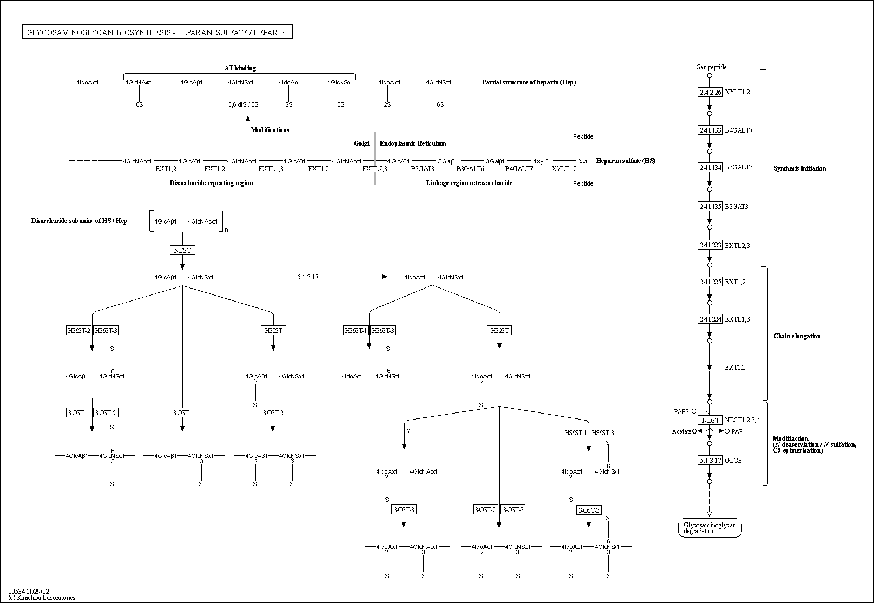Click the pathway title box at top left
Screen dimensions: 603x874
pyautogui.click(x=157, y=32)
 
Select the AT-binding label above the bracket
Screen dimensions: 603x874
pyautogui.click(x=240, y=68)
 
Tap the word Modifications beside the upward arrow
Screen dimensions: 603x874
pyautogui.click(x=270, y=130)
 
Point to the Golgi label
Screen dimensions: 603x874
pyautogui.click(x=362, y=143)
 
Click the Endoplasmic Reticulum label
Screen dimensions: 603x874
pyautogui.click(x=413, y=143)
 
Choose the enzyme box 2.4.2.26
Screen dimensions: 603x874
pyautogui.click(x=710, y=92)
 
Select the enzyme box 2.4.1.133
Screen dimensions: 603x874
pyautogui.click(x=710, y=130)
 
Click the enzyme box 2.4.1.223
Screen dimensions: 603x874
pyautogui.click(x=710, y=245)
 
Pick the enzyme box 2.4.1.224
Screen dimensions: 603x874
pyautogui.click(x=710, y=319)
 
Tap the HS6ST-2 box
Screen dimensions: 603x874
pyautogui.click(x=79, y=330)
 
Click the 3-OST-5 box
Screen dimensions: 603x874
pyautogui.click(x=106, y=412)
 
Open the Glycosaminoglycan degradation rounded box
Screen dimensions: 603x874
pyautogui.click(x=709, y=528)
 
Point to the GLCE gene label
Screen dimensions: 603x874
pyautogui.click(x=733, y=461)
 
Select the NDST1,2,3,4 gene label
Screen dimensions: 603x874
pyautogui.click(x=742, y=420)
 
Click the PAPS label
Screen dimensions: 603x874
pyautogui.click(x=681, y=412)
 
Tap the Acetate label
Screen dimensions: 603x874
pyautogui.click(x=681, y=431)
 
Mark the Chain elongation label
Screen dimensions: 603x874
pyautogui.click(x=797, y=336)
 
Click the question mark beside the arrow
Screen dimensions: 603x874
pyautogui.click(x=409, y=431)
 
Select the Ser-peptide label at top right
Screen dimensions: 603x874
pyautogui.click(x=711, y=67)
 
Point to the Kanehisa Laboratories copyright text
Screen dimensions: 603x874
pyautogui.click(x=42, y=598)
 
